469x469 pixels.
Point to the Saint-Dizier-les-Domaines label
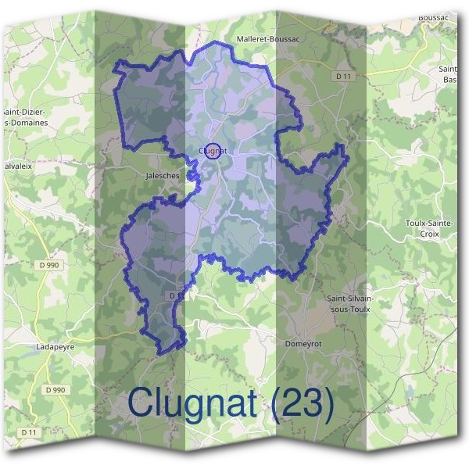pos(25,116)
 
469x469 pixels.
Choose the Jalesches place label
pos(163,176)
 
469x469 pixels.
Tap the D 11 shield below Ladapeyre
pos(29,431)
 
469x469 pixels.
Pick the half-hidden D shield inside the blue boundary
pos(174,295)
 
